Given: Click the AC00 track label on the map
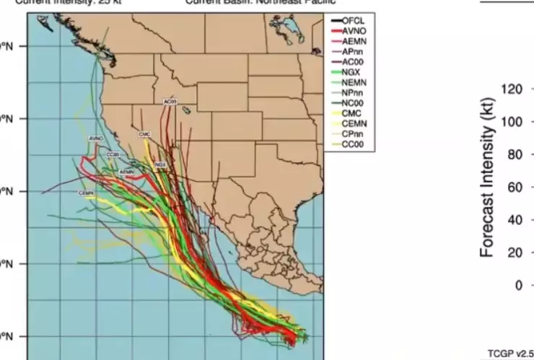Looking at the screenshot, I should pyautogui.click(x=170, y=102).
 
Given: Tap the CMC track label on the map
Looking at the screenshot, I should pyautogui.click(x=144, y=135).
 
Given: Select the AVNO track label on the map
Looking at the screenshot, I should pyautogui.click(x=96, y=137).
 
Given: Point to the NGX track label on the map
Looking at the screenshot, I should pyautogui.click(x=160, y=165).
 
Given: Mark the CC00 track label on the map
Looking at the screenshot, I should pyautogui.click(x=112, y=154).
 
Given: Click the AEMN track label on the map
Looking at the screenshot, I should pyautogui.click(x=127, y=172).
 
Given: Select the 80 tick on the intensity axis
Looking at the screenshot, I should pyautogui.click(x=514, y=154).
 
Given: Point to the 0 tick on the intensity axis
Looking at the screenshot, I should pyautogui.click(x=517, y=285).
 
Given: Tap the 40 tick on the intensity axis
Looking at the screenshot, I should pyautogui.click(x=514, y=220).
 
